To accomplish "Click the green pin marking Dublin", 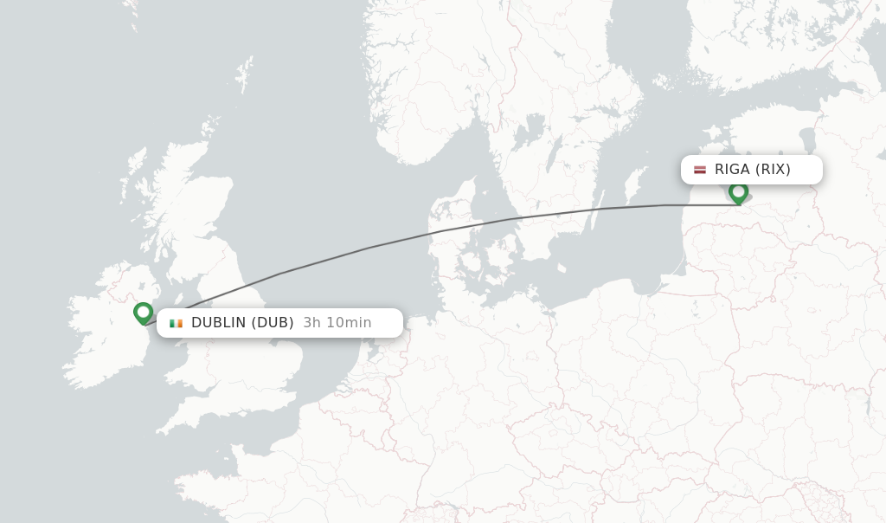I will point(144,312).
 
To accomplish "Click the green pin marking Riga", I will point(738,191).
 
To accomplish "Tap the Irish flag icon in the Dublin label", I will point(177,323).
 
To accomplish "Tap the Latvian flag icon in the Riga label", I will point(700,170).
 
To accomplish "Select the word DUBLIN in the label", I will point(218,323).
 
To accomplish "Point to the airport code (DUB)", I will point(273,323).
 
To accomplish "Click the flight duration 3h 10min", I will point(337,323).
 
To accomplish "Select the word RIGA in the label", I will point(732,170).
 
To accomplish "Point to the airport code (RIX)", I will point(772,170).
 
